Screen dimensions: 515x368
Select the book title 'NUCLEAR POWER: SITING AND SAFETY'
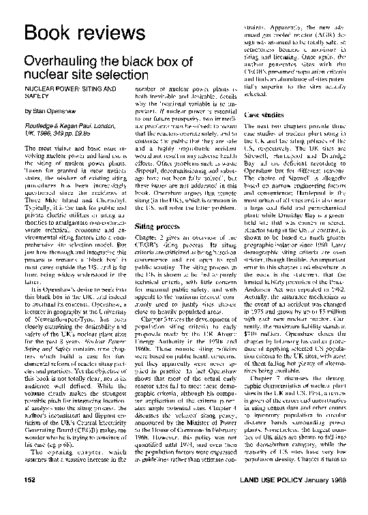coord(65,93)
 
